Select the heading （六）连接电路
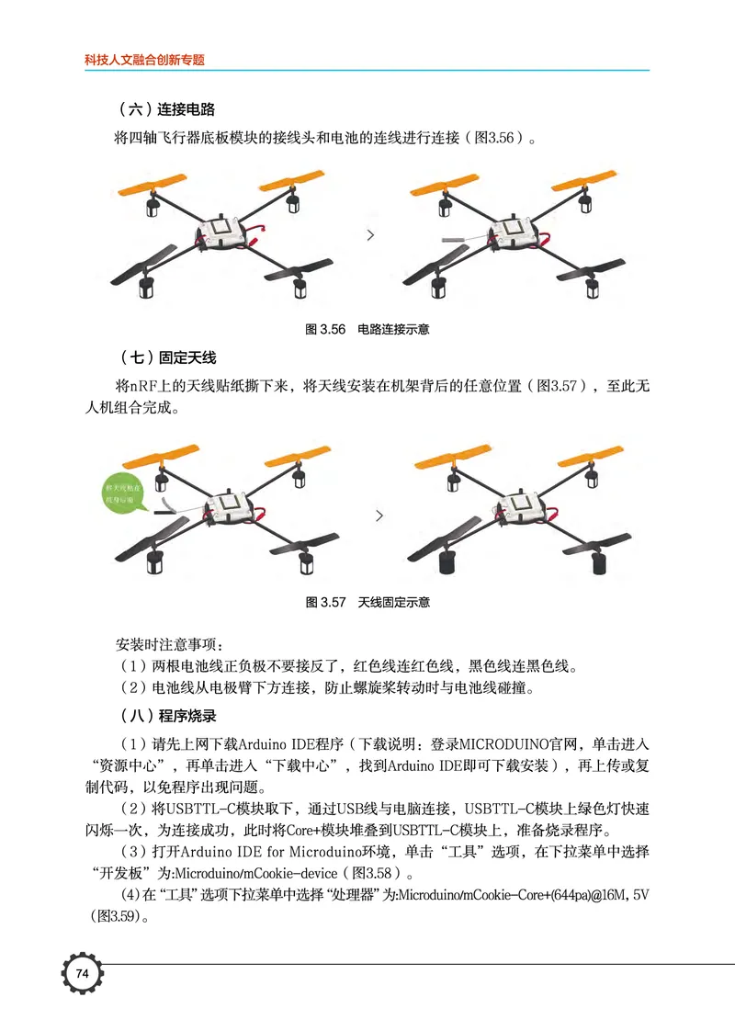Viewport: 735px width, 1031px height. pyautogui.click(x=168, y=109)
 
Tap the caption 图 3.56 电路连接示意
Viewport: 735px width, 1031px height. pyautogui.click(x=367, y=329)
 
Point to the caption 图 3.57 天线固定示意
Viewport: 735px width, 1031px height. pyautogui.click(x=367, y=603)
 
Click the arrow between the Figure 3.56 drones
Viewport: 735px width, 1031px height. pyautogui.click(x=370, y=235)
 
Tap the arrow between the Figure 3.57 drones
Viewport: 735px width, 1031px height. pyautogui.click(x=379, y=516)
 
